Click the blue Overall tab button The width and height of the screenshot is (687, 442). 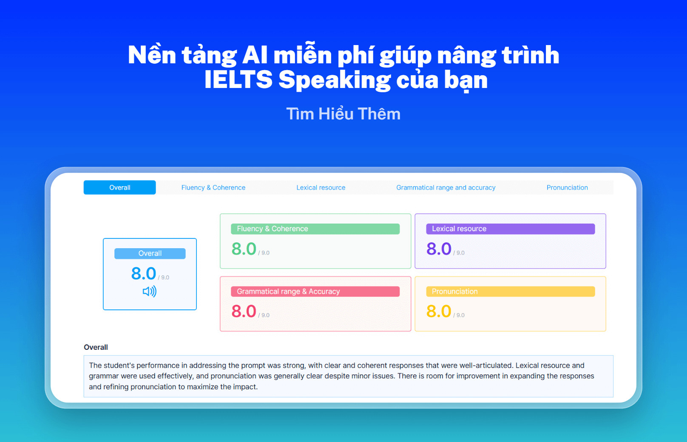click(119, 187)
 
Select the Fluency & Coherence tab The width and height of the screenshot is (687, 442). click(213, 187)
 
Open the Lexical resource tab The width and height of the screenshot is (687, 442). click(321, 187)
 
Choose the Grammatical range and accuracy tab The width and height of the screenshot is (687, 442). click(446, 187)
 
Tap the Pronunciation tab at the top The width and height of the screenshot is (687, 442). click(567, 187)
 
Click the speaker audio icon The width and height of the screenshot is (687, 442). click(150, 291)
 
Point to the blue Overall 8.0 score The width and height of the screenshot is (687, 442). click(144, 273)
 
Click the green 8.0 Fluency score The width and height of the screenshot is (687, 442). click(244, 249)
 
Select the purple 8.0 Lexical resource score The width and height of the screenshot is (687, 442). click(439, 249)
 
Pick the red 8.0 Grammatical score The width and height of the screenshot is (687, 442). click(244, 311)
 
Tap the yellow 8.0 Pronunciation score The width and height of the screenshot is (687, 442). click(439, 311)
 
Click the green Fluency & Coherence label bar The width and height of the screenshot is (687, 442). click(315, 229)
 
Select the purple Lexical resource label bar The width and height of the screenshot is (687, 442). click(510, 229)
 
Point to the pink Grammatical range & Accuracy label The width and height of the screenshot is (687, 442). click(315, 291)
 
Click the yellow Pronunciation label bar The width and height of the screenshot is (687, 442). click(510, 291)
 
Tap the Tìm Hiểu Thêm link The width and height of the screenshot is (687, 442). click(343, 114)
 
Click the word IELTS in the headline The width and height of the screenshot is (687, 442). click(238, 79)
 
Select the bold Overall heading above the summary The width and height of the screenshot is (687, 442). click(96, 347)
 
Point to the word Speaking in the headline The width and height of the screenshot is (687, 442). click(334, 80)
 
